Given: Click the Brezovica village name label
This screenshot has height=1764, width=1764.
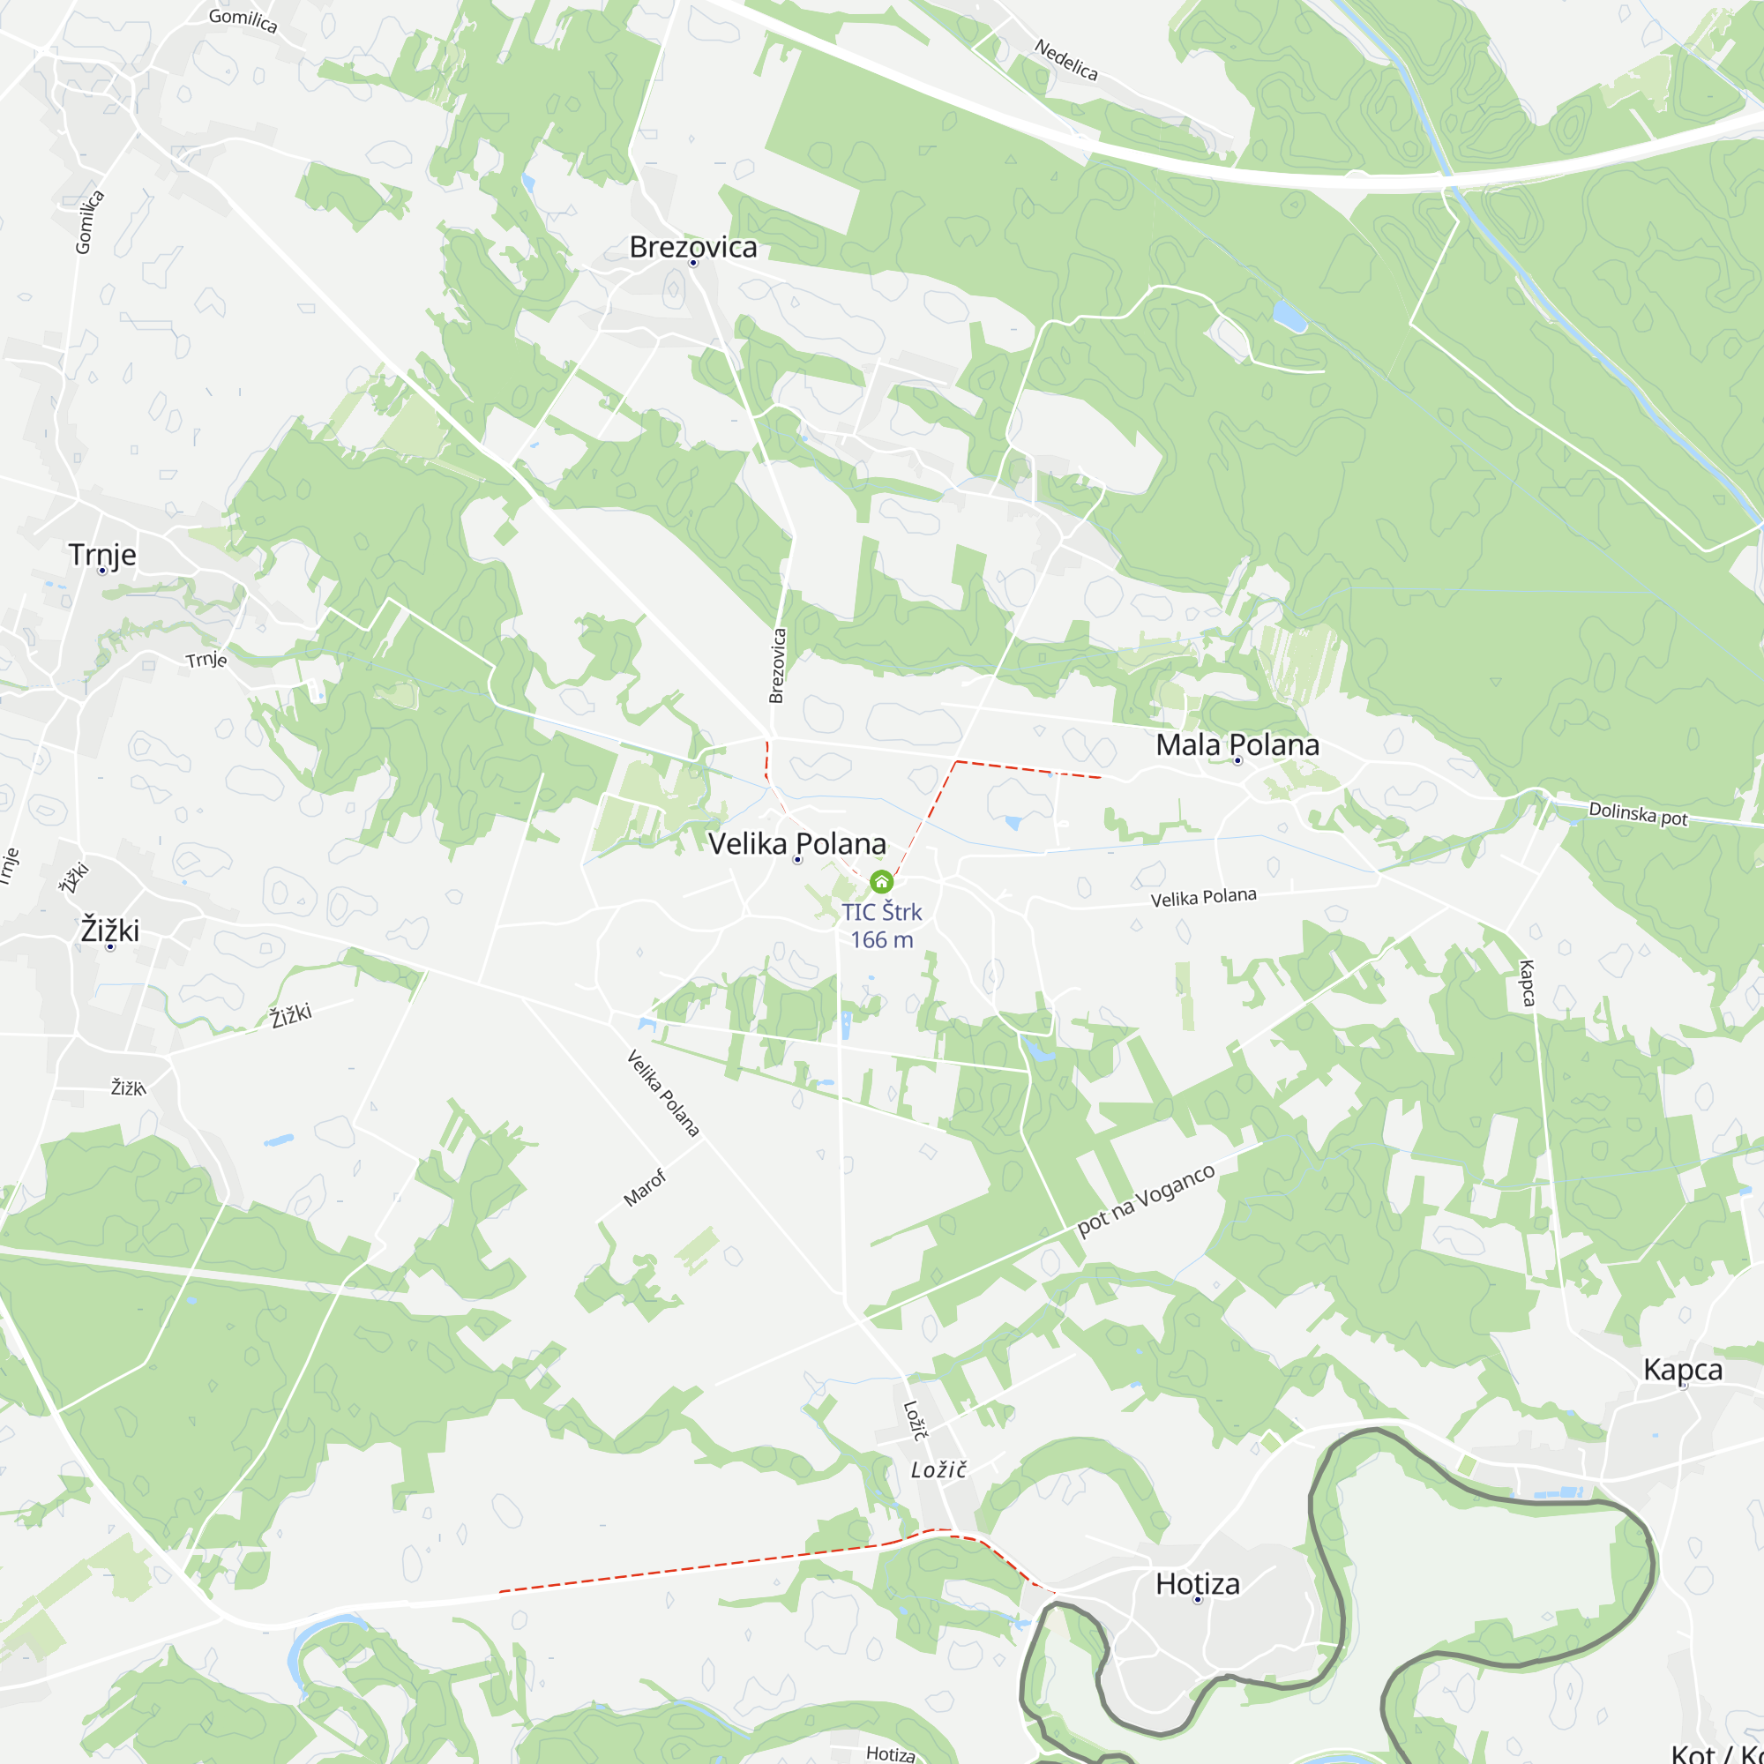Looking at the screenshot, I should (693, 247).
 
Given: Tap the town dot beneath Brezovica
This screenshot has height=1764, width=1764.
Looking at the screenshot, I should (693, 263).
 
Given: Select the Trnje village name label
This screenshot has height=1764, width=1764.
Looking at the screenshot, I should (102, 554).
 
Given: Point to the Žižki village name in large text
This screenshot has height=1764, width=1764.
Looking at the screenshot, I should (109, 931).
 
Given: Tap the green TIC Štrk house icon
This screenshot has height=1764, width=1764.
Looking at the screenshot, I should (881, 881).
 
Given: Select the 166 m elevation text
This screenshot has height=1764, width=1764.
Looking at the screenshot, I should (881, 939).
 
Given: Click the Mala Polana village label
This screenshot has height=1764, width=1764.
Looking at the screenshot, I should (1237, 745).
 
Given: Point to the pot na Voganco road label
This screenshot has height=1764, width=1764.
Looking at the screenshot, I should (1145, 1200).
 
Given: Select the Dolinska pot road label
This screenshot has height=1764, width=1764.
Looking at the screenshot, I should (1638, 812).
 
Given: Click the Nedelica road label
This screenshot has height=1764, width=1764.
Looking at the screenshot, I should (1065, 59).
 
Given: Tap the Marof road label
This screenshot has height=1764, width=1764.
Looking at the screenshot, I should (645, 1188).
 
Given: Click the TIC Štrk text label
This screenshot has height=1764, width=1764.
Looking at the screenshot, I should (881, 912).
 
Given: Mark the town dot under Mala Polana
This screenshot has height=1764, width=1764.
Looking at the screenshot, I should (1238, 760).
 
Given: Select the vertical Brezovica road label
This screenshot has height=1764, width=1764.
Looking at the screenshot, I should (777, 666).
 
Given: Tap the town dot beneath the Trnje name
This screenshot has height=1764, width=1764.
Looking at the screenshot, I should (102, 571).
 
